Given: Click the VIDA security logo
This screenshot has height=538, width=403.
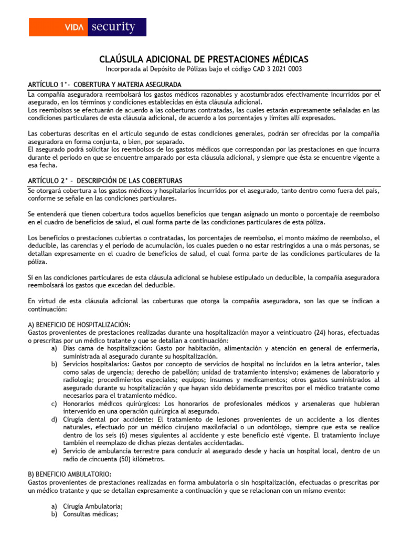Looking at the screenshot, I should point(87,27).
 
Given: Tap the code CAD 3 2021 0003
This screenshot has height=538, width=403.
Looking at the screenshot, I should point(276,69).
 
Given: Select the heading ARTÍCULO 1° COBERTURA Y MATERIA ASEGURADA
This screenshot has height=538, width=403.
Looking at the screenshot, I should point(105,85).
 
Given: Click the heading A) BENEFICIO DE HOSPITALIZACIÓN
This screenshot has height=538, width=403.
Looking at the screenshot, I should point(79,324).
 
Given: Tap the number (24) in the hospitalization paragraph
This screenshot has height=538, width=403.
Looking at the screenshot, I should point(321,333).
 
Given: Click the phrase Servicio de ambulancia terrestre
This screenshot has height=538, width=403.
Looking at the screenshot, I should point(111,451).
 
